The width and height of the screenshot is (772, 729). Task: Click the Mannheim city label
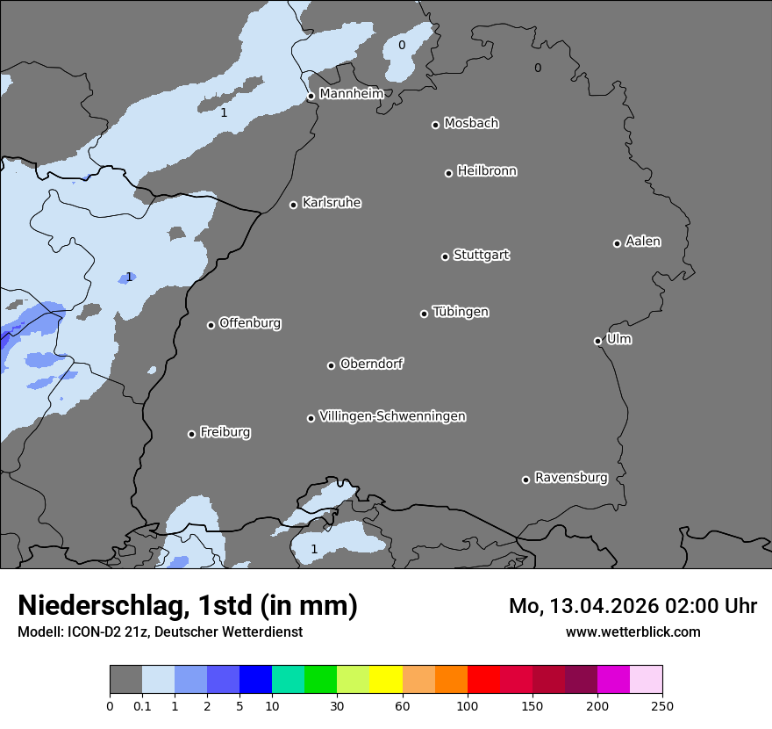[x=351, y=93]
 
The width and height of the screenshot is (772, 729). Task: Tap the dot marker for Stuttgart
[x=445, y=256]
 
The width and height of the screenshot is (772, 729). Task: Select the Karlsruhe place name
[x=331, y=203]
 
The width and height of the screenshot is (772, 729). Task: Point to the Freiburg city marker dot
[x=191, y=434]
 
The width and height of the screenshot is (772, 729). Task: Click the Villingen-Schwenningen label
[x=392, y=416]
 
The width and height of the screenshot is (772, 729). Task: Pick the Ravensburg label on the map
[x=570, y=478]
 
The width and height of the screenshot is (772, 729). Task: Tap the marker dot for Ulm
[x=597, y=341]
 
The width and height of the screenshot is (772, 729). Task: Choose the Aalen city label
[x=642, y=242]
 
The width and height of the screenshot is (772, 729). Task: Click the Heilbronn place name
[x=486, y=171]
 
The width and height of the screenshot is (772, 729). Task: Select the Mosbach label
[x=470, y=124]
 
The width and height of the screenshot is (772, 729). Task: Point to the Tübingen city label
[x=460, y=312]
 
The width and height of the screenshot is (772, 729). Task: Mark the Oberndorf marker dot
[x=331, y=365]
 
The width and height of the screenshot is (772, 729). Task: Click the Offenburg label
[x=249, y=323]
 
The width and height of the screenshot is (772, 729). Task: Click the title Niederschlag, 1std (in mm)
[x=188, y=605]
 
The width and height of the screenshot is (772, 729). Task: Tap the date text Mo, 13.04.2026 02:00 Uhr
[x=633, y=606]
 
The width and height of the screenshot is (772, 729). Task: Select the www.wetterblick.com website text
[x=633, y=632]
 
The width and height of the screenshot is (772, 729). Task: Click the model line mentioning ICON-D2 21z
[x=160, y=632]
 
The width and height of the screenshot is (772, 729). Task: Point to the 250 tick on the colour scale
[x=662, y=705]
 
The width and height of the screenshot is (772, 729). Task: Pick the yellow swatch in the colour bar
[x=386, y=680]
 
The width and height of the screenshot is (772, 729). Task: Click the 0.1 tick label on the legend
[x=141, y=705]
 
